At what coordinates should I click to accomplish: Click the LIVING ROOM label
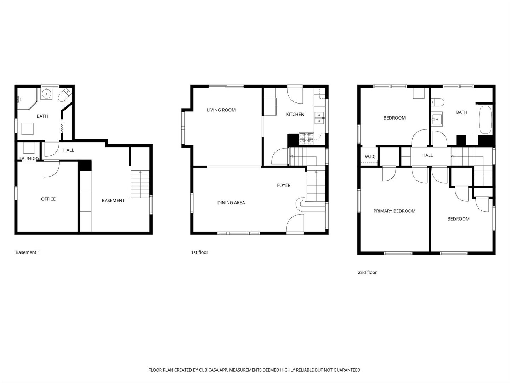tap(221, 110)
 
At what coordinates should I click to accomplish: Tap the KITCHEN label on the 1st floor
tap(295, 114)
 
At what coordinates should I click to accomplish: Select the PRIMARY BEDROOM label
tap(394, 211)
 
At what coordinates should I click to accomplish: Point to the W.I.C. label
tap(370, 157)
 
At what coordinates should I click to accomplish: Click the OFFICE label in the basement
tap(48, 199)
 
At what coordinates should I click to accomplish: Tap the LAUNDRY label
tap(29, 159)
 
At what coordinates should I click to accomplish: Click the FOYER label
tap(284, 185)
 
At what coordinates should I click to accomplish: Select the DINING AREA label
tap(231, 203)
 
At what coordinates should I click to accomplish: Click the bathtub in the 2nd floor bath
tap(485, 119)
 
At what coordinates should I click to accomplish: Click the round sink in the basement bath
tap(46, 94)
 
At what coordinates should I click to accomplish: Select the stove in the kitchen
tap(307, 139)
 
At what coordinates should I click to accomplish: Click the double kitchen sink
tap(319, 118)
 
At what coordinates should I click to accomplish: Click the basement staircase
tap(141, 184)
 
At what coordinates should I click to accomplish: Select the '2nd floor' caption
tap(367, 272)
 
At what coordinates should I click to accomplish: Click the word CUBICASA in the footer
tap(205, 370)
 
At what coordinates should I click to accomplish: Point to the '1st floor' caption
tap(200, 252)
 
